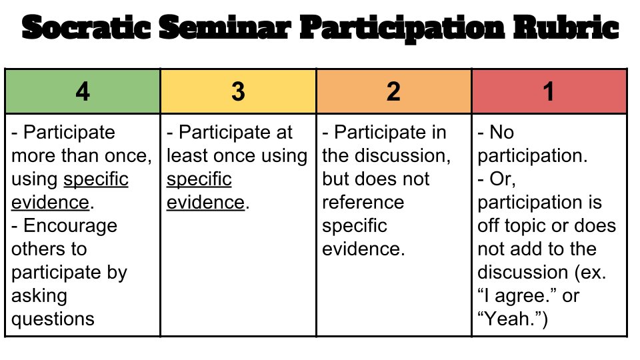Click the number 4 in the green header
coord(83,91)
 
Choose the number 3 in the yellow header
coord(238,91)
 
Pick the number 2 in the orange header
coord(393,91)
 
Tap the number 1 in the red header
coord(549,91)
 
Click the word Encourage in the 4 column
coord(70,225)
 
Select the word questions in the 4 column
coord(53,319)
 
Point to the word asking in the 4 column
coord(39,295)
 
